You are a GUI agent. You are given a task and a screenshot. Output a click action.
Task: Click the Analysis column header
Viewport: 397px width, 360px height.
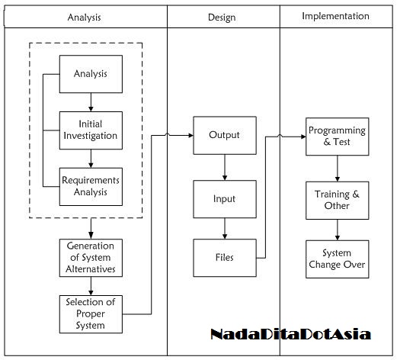coord(84,16)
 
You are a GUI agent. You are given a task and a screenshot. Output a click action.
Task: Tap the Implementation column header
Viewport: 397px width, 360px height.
coord(335,16)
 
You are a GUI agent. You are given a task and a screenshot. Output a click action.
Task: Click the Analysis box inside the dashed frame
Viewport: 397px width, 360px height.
coord(91,74)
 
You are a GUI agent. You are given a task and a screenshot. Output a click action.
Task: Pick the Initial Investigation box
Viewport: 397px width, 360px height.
coord(91,130)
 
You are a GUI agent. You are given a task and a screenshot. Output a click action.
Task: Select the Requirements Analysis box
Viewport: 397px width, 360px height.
coord(91,186)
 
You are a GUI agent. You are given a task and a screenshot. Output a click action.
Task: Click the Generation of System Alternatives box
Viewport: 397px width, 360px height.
coord(91,258)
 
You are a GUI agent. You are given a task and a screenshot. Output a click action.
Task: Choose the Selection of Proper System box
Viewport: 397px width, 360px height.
coord(91,313)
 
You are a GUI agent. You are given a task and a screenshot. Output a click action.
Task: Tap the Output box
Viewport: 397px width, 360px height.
coord(224,136)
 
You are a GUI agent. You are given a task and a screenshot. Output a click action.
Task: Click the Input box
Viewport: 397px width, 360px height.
coord(224,199)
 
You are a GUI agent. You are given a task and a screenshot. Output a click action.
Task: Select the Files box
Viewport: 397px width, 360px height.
coord(224,258)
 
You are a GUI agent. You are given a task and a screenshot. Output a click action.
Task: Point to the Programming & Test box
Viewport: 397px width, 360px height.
coord(337,136)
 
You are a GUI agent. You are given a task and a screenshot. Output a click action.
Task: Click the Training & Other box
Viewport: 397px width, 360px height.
coord(337,200)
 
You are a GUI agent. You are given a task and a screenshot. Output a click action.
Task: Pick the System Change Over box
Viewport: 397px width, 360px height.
coord(337,259)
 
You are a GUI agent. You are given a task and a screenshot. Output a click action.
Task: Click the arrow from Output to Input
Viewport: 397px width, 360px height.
coord(224,167)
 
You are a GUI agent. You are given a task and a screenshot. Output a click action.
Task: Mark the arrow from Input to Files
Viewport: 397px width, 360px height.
coord(224,228)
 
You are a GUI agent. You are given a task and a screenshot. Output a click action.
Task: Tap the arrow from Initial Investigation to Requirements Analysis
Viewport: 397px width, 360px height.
coord(91,158)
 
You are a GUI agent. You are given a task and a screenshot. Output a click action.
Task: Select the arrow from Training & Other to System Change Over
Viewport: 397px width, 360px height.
coord(337,230)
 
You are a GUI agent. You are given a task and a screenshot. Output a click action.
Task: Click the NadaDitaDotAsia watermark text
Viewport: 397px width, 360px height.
coord(290,334)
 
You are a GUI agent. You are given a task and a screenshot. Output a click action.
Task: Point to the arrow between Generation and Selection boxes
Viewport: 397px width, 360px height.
coord(91,285)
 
